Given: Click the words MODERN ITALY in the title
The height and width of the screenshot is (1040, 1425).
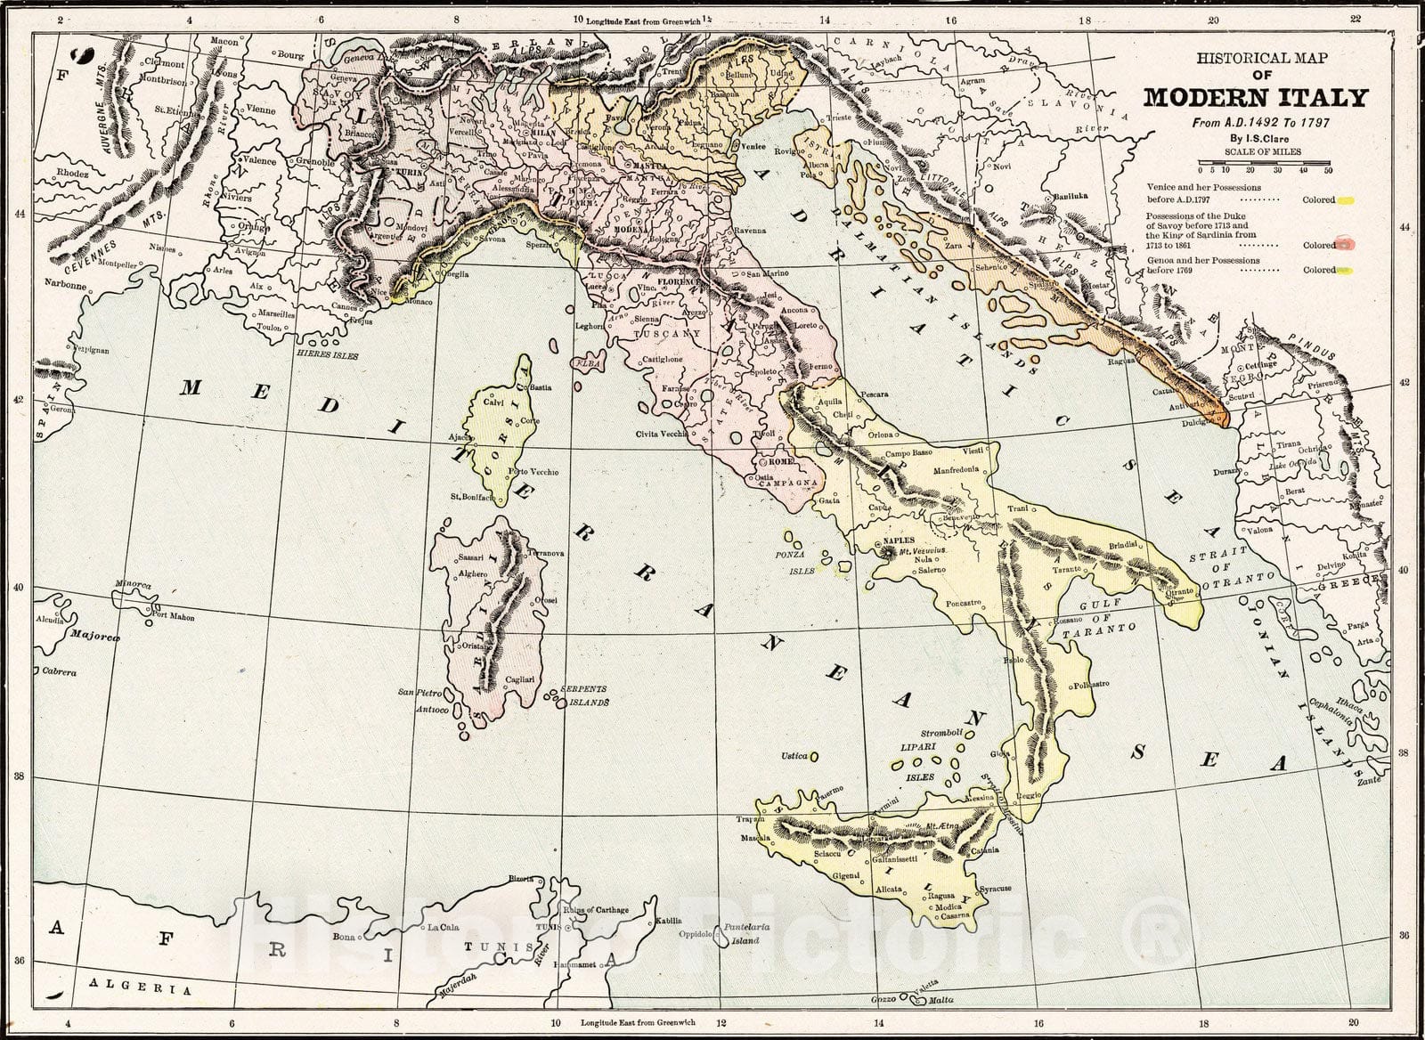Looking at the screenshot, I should point(1254,97).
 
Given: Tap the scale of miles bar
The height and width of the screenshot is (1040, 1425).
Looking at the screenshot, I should point(1265,162).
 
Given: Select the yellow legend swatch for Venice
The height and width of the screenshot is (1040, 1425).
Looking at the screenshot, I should point(1347,200).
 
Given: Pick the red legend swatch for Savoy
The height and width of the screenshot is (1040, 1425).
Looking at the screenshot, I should point(1348,243).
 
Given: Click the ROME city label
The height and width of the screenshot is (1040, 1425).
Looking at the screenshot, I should point(781,462).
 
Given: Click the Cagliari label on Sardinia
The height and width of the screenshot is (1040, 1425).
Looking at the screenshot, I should point(520,679).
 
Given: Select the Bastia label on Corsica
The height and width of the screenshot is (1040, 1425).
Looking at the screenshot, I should point(541,388).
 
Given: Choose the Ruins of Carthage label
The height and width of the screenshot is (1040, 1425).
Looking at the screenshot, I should point(596,909).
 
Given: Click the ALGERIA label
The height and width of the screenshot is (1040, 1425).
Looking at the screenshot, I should point(139,988).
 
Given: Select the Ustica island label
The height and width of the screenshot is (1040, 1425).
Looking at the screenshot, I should point(794,756).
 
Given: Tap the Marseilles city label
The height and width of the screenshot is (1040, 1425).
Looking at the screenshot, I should point(273,314).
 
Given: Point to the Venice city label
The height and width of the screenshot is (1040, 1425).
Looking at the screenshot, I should point(753,146).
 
